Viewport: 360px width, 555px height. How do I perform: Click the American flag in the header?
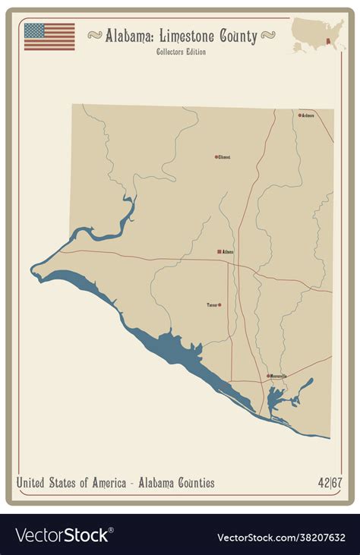tap(49, 36)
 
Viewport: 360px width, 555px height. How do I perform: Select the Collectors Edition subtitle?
tap(181, 52)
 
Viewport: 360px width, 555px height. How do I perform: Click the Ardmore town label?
tap(308, 115)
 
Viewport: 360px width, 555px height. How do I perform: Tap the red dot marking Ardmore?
tap(299, 115)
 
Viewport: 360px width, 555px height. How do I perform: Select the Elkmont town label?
tap(224, 157)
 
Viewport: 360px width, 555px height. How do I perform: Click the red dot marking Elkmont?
tap(216, 157)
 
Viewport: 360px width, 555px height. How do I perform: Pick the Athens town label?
tap(229, 251)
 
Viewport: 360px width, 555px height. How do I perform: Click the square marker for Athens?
tap(219, 251)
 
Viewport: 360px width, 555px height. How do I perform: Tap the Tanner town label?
tap(212, 305)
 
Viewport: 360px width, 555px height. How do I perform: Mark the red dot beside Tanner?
tap(219, 305)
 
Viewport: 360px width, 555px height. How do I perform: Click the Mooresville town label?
tap(278, 376)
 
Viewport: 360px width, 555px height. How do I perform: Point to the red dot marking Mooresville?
tap(267, 376)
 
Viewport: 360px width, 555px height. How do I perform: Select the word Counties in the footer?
tap(192, 483)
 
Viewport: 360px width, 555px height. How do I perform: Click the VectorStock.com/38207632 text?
tap(281, 537)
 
